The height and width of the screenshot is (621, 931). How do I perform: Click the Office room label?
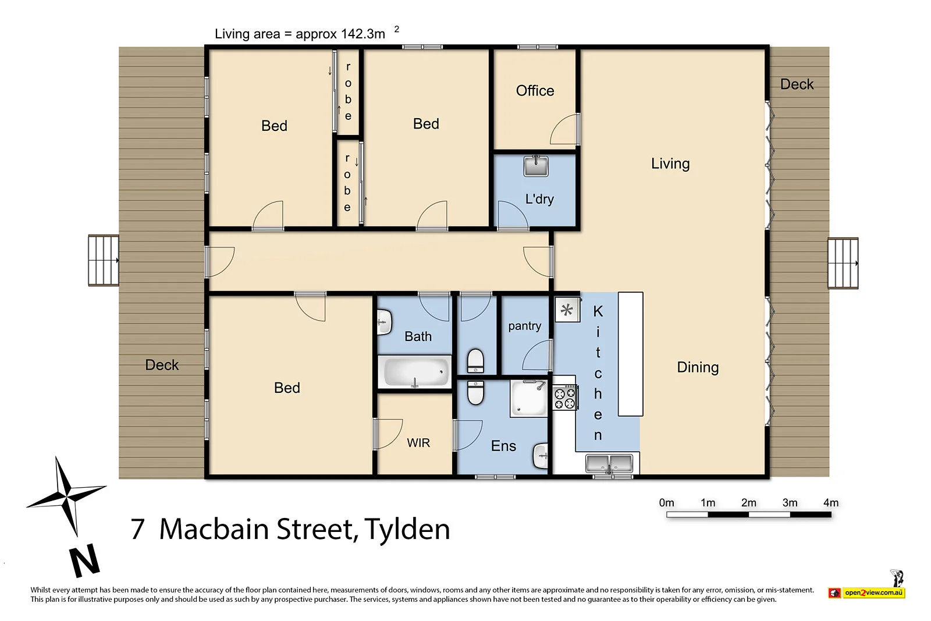point(535,91)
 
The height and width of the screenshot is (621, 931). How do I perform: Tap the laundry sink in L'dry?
point(536,166)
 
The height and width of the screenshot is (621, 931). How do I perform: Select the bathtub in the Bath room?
point(415,371)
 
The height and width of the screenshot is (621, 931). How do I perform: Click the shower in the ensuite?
point(529,398)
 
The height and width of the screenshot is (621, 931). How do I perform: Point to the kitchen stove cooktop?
point(564,398)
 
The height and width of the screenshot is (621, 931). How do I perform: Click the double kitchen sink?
point(609,464)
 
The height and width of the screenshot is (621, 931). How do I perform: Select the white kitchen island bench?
point(630,354)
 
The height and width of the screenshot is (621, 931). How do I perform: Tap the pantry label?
point(524,326)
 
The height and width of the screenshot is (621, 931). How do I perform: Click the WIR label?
point(418,443)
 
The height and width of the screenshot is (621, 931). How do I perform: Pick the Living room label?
point(670,164)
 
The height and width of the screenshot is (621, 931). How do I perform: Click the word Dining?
point(698,367)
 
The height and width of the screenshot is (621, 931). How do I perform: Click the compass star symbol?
point(66,496)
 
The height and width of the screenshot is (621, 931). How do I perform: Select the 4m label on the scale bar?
point(830,503)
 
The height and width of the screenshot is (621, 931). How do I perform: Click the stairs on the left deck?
point(104,260)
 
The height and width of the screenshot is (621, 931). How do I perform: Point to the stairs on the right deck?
point(843,263)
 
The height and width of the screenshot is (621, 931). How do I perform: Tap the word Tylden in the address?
point(407,529)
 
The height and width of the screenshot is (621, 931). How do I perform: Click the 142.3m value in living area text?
point(363,34)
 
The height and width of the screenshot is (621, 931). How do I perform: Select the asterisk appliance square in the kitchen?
point(567,310)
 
